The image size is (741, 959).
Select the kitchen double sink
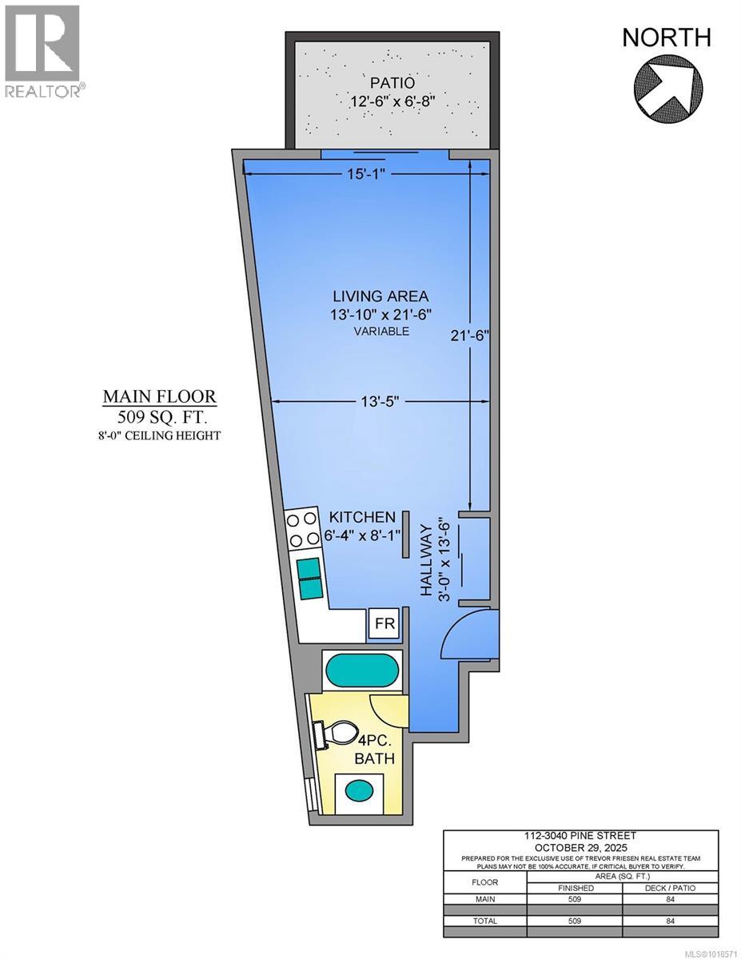309,578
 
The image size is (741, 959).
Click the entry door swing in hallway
468,635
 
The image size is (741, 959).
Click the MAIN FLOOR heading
158,397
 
